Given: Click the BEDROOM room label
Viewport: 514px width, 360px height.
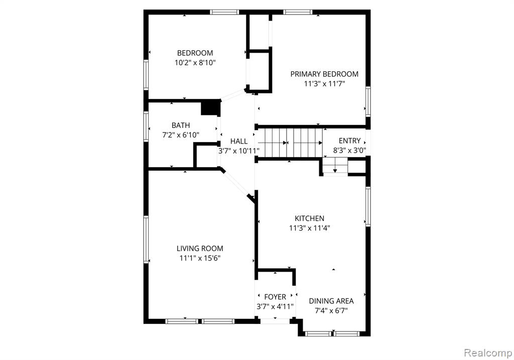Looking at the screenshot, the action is [x=195, y=53].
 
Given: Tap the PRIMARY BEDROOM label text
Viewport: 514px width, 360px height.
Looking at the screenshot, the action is [x=324, y=74].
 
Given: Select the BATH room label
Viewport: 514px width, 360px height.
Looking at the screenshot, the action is [x=181, y=125].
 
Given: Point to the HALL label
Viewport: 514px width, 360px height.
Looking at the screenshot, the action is [x=238, y=141].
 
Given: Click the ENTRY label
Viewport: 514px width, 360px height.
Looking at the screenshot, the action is [x=349, y=141].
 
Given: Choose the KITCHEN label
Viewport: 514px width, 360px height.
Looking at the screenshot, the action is [x=309, y=218].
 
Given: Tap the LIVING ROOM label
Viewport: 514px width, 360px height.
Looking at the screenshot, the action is [x=200, y=249].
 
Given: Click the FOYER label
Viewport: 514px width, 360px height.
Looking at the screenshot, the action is [x=275, y=297].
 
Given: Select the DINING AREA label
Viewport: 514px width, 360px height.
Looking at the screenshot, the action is [x=331, y=301].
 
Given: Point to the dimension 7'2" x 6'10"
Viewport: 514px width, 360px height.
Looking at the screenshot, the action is [x=181, y=135].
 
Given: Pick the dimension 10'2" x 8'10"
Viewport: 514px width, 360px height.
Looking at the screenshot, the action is [x=195, y=63].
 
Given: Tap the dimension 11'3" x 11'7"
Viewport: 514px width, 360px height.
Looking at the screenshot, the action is [x=324, y=84].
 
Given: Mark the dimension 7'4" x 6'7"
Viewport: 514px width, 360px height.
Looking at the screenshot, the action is [x=331, y=310].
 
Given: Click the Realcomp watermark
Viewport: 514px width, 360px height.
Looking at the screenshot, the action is [x=487, y=353].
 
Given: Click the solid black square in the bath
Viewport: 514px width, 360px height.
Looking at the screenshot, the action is [x=210, y=107].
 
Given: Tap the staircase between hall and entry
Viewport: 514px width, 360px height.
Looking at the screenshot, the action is [x=289, y=143].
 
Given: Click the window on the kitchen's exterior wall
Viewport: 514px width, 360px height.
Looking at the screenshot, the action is [x=368, y=206].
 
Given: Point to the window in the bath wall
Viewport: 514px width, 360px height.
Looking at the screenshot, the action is [x=146, y=127].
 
